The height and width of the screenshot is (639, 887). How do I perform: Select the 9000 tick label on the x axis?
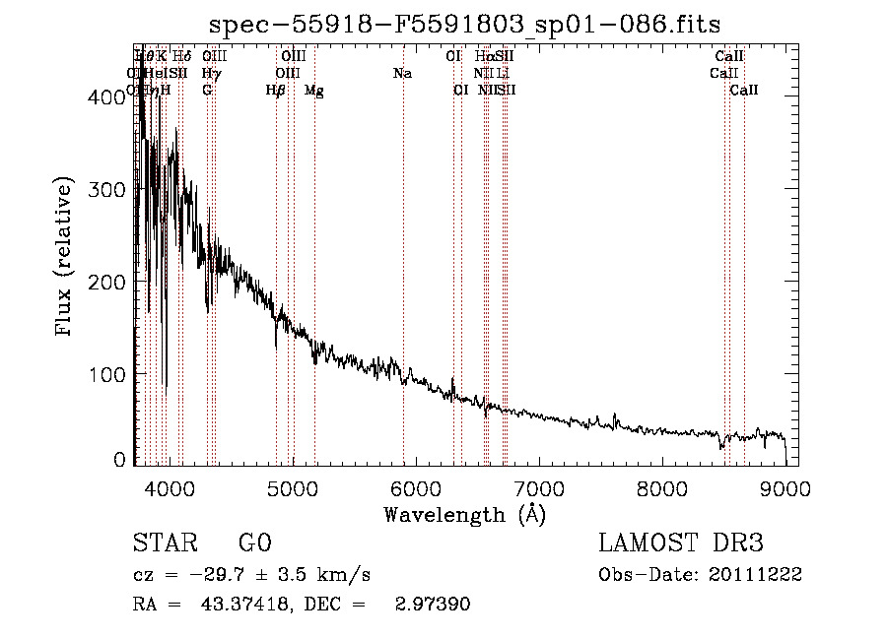point(785,488)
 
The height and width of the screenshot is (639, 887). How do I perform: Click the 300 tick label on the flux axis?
point(110,189)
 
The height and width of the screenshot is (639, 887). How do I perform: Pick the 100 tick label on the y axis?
point(110,374)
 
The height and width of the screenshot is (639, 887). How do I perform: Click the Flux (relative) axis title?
point(66,258)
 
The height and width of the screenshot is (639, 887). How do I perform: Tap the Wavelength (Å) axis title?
point(464,514)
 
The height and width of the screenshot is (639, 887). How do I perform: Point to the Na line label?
point(402,74)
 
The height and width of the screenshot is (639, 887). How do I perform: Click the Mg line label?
point(314,91)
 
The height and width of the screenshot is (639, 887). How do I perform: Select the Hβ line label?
point(276,91)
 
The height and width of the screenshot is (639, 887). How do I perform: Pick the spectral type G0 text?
point(254,544)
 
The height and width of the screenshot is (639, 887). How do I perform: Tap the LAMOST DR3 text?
point(680,544)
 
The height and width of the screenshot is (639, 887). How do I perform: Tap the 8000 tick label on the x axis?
point(661,488)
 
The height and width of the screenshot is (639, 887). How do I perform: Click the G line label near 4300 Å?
point(207,91)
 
